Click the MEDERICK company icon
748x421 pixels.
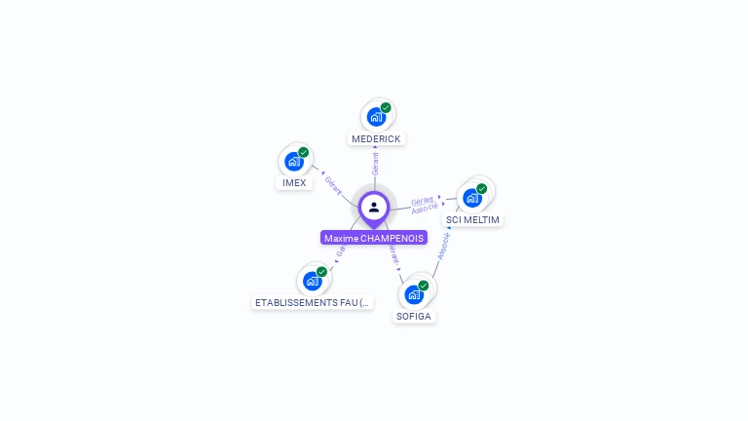[375, 118]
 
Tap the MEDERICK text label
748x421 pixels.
[376, 139]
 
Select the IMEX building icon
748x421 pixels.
[293, 162]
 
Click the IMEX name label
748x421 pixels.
[294, 183]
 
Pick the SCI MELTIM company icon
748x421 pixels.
[472, 198]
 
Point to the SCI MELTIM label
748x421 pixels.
[472, 220]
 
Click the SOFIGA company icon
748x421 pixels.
[414, 294]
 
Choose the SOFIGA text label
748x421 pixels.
[414, 317]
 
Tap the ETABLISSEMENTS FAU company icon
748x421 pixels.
[312, 282]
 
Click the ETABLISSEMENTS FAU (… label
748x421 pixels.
[313, 303]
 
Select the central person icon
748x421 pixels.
[374, 208]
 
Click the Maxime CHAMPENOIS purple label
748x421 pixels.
[374, 238]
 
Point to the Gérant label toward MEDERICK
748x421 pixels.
[375, 163]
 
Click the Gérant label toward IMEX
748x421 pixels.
[333, 184]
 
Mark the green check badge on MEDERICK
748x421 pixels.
[386, 108]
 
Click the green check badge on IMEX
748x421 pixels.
[304, 152]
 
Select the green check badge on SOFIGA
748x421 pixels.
[424, 286]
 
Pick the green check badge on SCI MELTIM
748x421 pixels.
[482, 188]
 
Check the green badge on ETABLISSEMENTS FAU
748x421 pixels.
[322, 272]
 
